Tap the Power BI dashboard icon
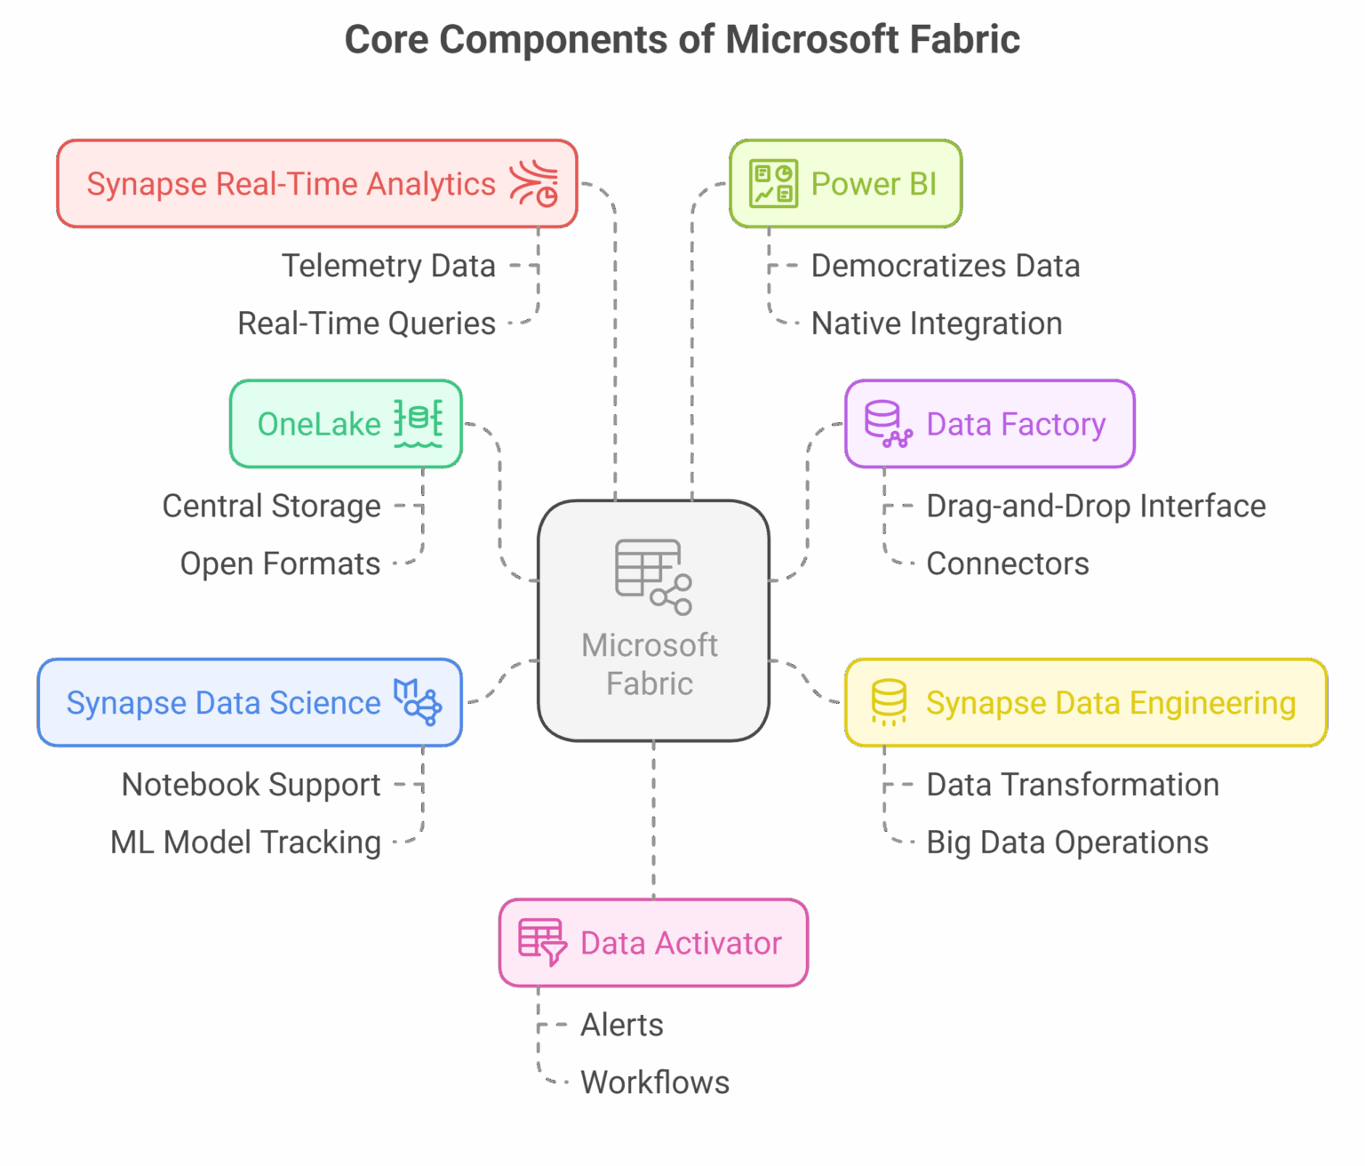[773, 184]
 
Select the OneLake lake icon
[418, 424]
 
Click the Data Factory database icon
[888, 424]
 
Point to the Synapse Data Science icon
[418, 702]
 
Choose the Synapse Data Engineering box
[1085, 702]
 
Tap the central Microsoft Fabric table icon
[652, 577]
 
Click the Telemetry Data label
[388, 266]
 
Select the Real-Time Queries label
[366, 323]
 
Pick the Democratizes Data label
[946, 266]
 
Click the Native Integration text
[937, 323]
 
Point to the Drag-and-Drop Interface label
[1096, 506]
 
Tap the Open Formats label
[280, 563]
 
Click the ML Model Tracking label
[245, 842]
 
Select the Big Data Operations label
[1066, 842]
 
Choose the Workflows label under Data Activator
[655, 1082]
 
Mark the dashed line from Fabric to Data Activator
[653, 818]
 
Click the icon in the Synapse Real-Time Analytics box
[534, 184]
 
